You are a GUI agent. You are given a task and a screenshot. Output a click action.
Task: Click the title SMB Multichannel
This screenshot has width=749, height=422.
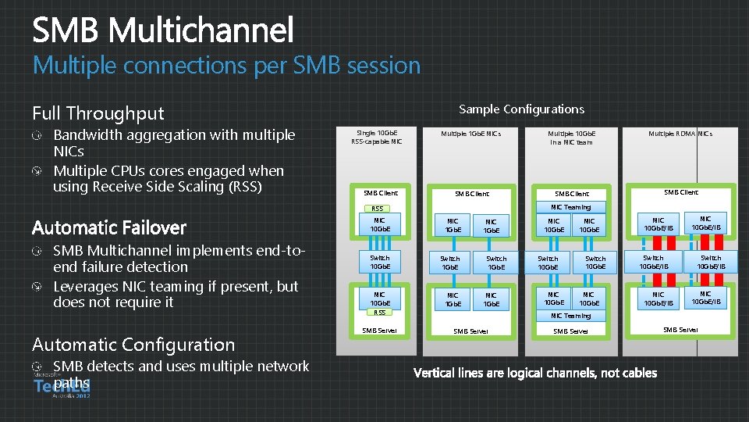[x=163, y=31]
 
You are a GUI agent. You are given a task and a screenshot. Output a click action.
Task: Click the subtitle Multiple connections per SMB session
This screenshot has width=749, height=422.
[x=226, y=66]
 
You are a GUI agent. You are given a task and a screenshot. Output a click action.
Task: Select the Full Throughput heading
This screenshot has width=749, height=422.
[x=98, y=114]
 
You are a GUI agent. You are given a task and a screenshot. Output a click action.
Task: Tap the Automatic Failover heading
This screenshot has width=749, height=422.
[x=109, y=227]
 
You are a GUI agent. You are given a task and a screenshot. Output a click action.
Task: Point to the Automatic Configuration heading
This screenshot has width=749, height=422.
[x=133, y=345]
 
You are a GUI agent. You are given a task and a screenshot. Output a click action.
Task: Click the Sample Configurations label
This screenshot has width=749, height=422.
[x=521, y=109]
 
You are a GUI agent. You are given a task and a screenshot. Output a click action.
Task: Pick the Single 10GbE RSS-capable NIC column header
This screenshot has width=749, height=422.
[x=377, y=138]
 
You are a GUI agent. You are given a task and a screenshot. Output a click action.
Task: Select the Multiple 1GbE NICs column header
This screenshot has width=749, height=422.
[x=471, y=134]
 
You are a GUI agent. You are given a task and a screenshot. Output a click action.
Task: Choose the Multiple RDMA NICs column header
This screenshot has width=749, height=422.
[x=680, y=134]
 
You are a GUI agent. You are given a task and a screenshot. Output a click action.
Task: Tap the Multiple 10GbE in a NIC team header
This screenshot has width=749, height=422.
[x=570, y=138]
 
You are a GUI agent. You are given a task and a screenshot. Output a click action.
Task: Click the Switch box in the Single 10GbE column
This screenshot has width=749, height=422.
[x=380, y=262]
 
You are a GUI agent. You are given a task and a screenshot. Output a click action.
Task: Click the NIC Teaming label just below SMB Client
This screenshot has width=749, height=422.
[x=570, y=207]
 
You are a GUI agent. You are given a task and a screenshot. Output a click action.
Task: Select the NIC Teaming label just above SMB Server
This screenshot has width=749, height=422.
[x=570, y=316]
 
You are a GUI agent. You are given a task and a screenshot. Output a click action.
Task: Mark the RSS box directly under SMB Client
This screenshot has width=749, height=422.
[x=378, y=209]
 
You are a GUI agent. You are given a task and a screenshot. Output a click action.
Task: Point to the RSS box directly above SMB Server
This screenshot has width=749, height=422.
[x=379, y=312]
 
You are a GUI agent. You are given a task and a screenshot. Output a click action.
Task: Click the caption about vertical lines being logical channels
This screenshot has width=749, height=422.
[x=535, y=373]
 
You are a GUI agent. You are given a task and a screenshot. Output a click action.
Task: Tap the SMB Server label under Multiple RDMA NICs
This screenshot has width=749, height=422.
[x=680, y=330]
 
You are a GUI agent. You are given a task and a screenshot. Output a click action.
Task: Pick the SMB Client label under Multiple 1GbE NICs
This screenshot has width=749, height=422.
[x=471, y=194]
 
